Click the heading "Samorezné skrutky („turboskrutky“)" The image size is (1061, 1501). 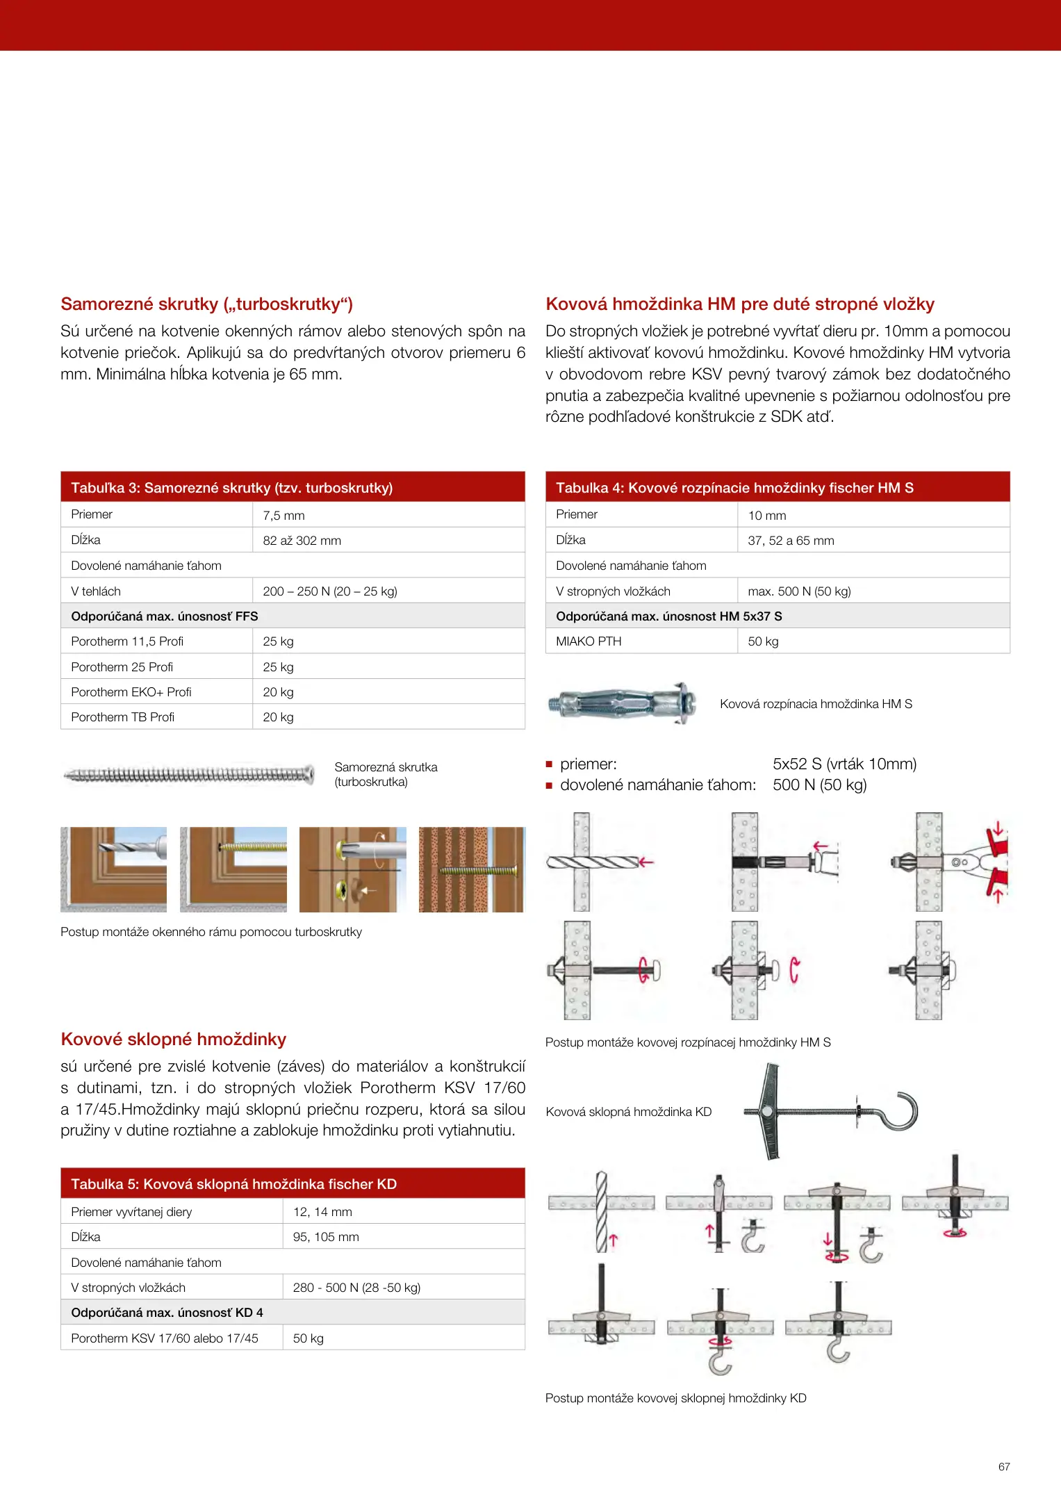[x=206, y=304]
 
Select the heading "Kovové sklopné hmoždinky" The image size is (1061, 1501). [x=173, y=1039]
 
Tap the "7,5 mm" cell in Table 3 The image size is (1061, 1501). [x=283, y=516]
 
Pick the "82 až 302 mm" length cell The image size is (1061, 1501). [x=302, y=541]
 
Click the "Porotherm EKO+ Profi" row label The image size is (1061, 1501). [x=131, y=692]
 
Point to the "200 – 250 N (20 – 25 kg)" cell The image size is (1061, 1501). [x=329, y=591]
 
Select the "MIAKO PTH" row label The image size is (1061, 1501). [x=589, y=641]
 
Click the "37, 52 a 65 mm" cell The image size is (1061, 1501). [x=791, y=541]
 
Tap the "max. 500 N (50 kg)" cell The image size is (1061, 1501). [x=799, y=591]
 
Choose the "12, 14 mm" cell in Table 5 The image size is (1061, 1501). [x=322, y=1212]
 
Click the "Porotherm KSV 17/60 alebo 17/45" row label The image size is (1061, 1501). [x=164, y=1338]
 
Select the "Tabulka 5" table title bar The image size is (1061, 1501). [x=293, y=1183]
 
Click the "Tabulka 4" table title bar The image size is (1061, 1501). [x=778, y=488]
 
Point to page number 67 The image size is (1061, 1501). [x=1004, y=1467]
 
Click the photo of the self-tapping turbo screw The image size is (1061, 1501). [x=188, y=774]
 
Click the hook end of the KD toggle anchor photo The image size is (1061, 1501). [x=899, y=1111]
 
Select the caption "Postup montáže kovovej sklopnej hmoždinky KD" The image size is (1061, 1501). [x=675, y=1398]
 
